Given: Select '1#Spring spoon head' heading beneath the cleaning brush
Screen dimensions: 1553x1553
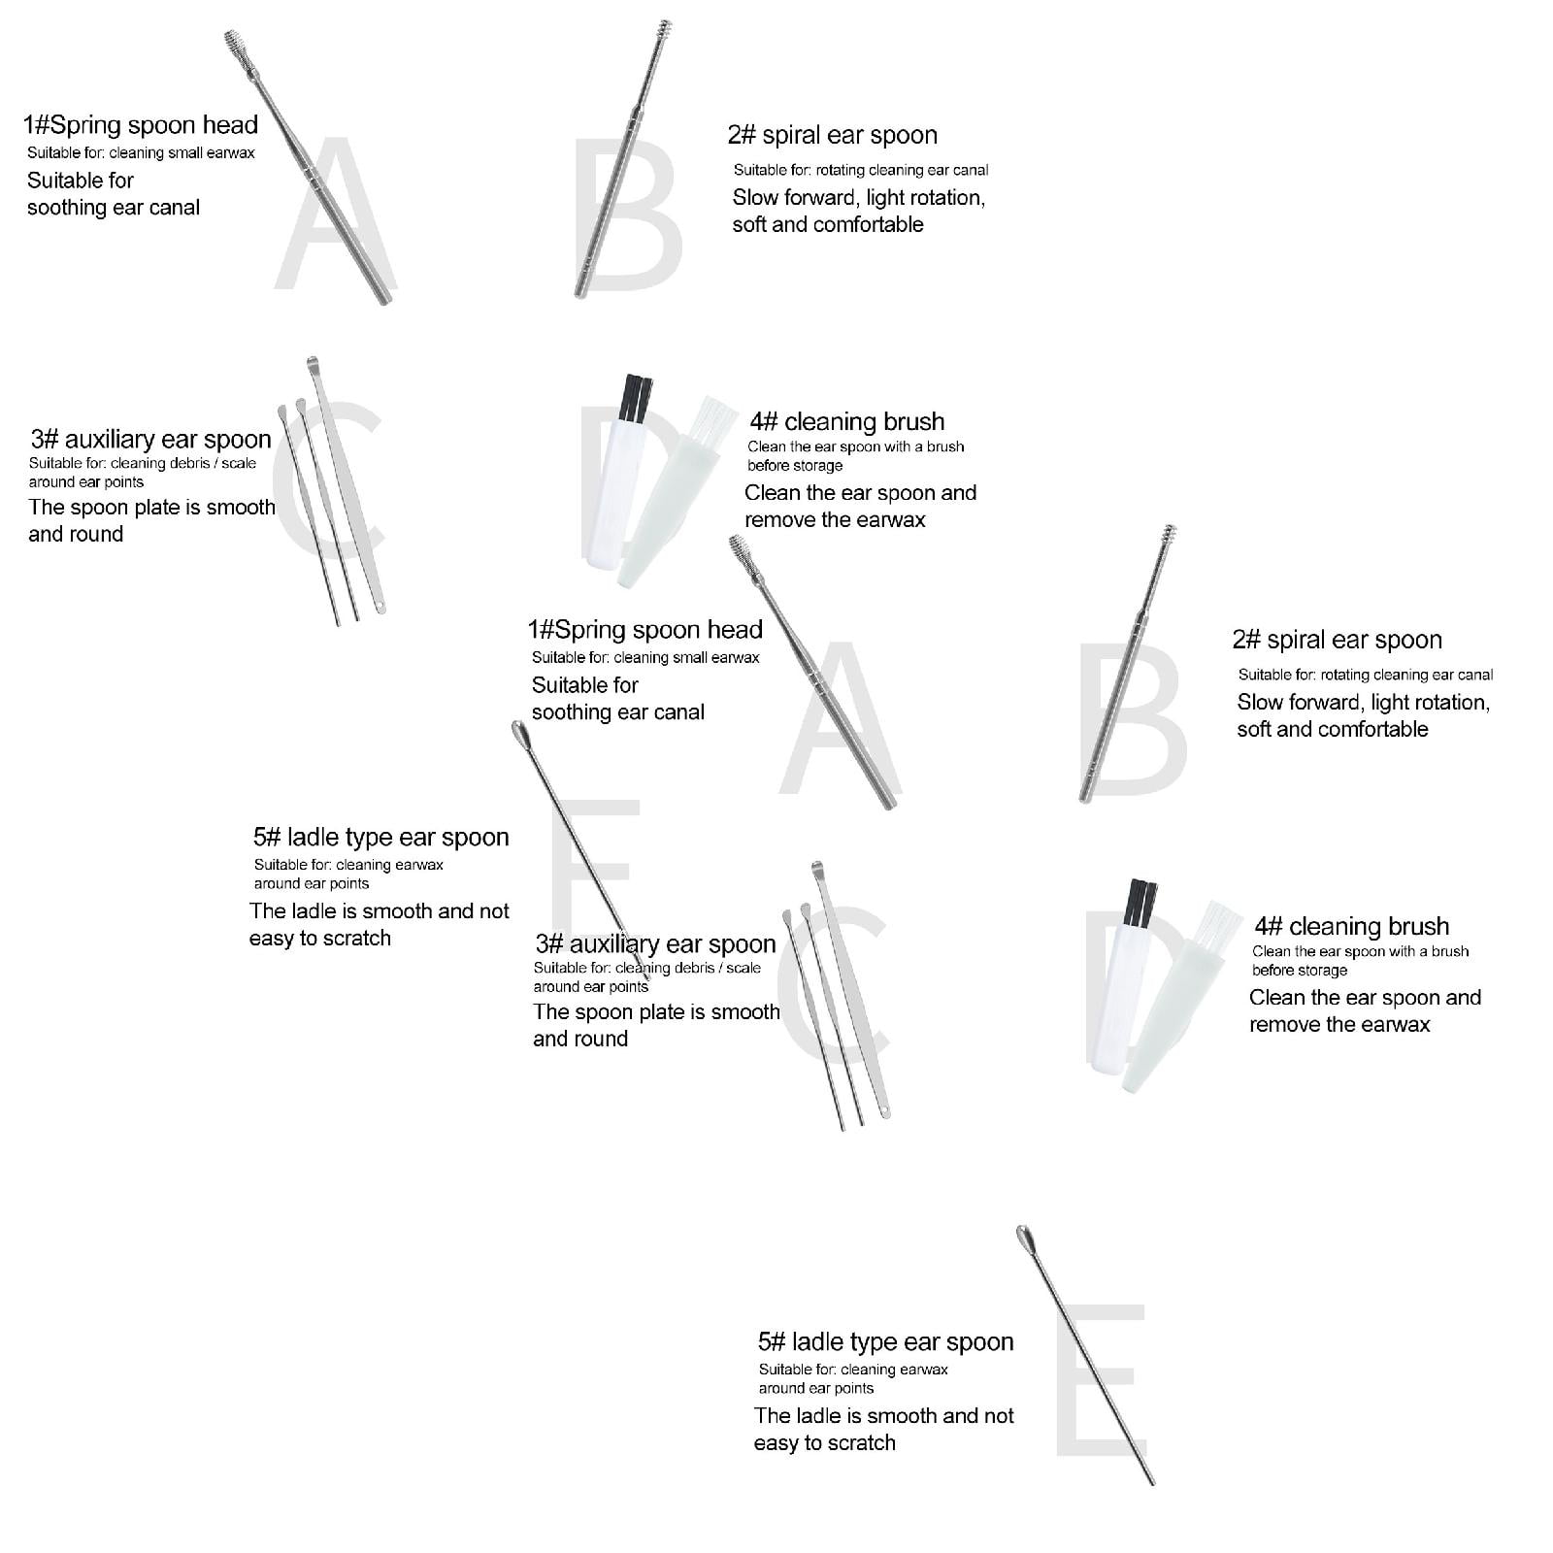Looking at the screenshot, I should [x=645, y=630].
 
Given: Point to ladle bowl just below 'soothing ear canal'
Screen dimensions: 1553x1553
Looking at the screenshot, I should [x=521, y=734].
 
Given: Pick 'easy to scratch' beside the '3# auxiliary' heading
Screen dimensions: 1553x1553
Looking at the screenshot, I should [x=320, y=939].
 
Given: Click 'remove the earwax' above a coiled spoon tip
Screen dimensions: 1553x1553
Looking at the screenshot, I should [x=835, y=520].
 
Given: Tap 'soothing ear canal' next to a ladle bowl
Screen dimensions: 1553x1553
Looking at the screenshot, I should [x=618, y=712].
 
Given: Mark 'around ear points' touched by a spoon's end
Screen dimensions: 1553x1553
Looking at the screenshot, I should [x=590, y=987].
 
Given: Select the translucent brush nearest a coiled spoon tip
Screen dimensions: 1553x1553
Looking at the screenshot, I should [x=670, y=495].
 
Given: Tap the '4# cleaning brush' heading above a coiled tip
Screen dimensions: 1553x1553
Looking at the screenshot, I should [x=846, y=422].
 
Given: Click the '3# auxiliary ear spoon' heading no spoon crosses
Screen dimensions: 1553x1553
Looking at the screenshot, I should [x=150, y=440].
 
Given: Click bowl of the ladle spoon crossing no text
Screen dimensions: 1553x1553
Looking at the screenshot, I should [x=1025, y=1238].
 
